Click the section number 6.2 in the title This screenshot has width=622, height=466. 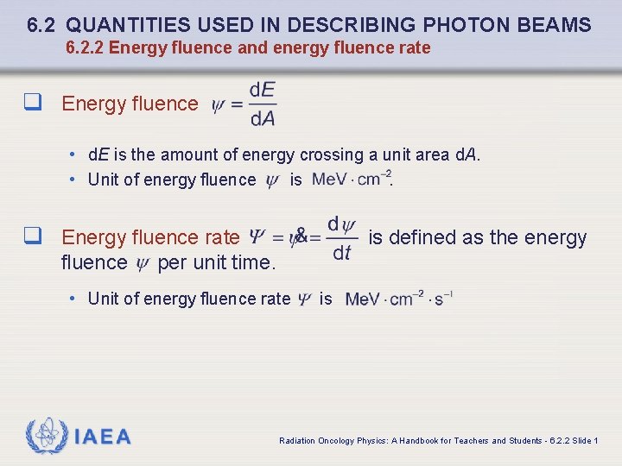(41, 25)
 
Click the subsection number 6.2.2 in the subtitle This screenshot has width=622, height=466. (84, 48)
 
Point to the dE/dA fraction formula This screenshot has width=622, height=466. (262, 104)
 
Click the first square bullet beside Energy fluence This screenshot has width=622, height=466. (34, 103)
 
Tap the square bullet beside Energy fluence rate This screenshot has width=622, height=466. (34, 236)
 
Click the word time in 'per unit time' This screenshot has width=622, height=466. (252, 262)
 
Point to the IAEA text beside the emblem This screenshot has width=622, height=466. (103, 437)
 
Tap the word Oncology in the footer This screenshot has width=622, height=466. (336, 441)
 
